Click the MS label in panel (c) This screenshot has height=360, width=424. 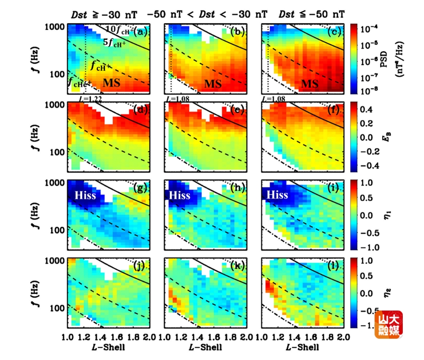tap(310, 83)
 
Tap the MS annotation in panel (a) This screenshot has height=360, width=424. tap(112, 83)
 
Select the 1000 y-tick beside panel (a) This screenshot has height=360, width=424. tap(55, 27)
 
